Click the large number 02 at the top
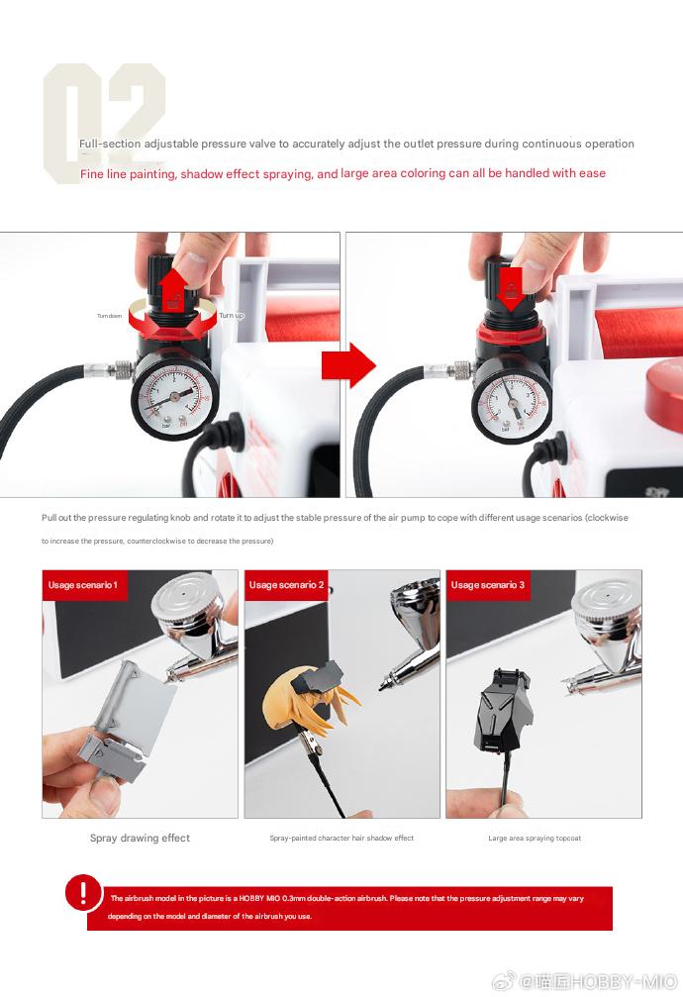coord(104,121)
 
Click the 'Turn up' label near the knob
coord(231,315)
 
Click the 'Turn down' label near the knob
coord(110,316)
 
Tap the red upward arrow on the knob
coord(173,286)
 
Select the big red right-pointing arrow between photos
coord(347,365)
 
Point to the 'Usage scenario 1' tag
coord(82,585)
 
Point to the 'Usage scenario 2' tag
coord(287,585)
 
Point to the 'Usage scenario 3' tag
coord(488,585)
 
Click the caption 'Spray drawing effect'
coord(140,838)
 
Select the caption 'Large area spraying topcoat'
coord(535,838)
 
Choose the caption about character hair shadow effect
coord(341,838)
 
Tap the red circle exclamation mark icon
coord(83,893)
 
